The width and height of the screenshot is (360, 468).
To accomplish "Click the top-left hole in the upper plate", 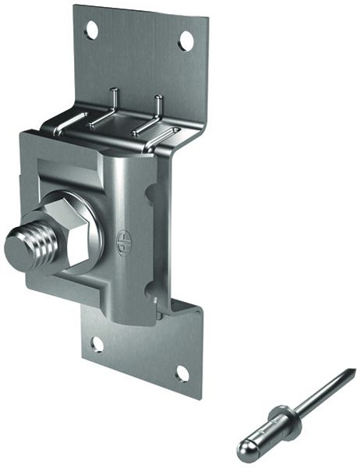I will (x=92, y=30).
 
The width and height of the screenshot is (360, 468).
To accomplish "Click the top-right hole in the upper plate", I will (x=185, y=41).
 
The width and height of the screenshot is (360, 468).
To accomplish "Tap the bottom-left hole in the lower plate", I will (x=96, y=344).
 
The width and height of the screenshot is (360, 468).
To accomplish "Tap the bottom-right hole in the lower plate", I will (x=182, y=374).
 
